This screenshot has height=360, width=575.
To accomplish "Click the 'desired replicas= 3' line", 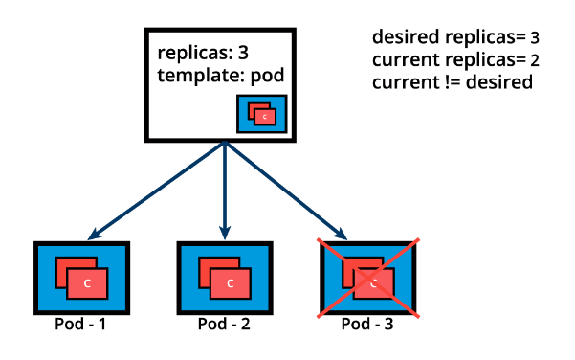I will tap(455, 38).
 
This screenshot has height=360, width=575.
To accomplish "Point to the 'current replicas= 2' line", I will tap(455, 60).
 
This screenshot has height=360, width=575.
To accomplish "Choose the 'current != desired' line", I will tap(452, 82).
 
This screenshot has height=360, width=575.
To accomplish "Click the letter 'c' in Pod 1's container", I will tap(87, 283).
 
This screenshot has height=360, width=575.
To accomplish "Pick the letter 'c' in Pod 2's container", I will tap(230, 283).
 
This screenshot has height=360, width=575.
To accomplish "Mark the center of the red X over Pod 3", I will tap(369, 279).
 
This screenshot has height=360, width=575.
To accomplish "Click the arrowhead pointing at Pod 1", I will tap(92, 235).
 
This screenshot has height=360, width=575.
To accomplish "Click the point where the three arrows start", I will tap(224, 144).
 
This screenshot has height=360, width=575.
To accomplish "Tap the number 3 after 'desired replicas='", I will tap(535, 39).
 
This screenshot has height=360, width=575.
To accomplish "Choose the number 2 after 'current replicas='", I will tap(535, 61).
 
